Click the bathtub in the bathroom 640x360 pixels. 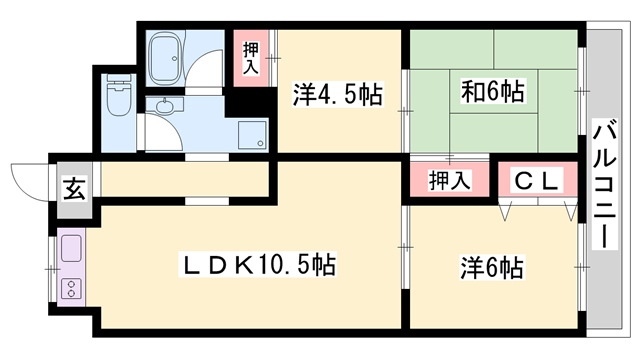coord(165,58)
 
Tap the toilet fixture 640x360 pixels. coord(119,95)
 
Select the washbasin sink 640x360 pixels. coord(164,105)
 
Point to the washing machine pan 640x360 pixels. coord(252,135)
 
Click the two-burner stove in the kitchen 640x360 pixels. coord(71,289)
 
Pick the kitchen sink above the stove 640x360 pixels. coord(71,248)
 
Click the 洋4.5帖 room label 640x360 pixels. coord(338,94)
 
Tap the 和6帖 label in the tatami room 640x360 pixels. coord(493,91)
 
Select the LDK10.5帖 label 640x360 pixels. coord(258,264)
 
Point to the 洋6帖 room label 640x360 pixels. coord(492,268)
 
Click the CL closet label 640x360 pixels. coord(536,180)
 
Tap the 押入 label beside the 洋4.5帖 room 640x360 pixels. coord(251,58)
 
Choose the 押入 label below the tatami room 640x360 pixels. coord(450,180)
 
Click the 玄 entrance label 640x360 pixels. coord(75,189)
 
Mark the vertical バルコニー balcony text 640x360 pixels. coord(604,184)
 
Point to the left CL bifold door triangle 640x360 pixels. coord(505,212)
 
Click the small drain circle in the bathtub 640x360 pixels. coord(175,58)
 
